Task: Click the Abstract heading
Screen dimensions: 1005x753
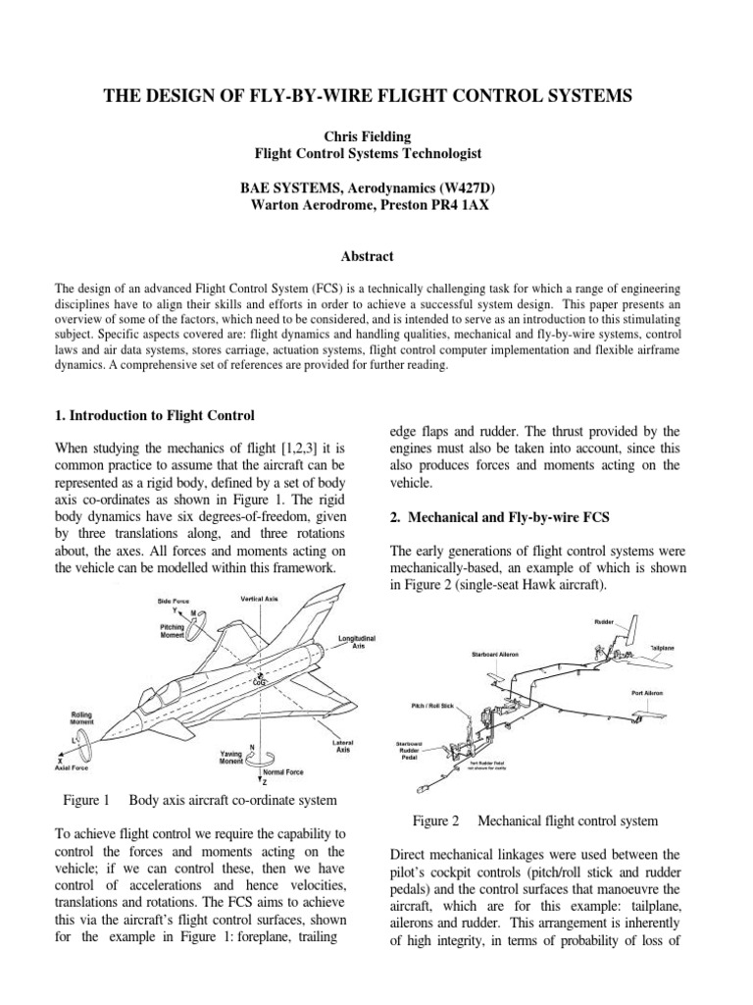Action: coord(367,256)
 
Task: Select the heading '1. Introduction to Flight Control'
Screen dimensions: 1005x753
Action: coord(155,415)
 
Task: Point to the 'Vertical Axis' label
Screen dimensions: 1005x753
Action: coord(261,598)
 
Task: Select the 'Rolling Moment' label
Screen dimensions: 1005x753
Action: coord(81,719)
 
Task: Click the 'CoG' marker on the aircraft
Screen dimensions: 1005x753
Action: coord(260,680)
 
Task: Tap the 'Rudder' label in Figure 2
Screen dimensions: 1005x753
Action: coord(604,622)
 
